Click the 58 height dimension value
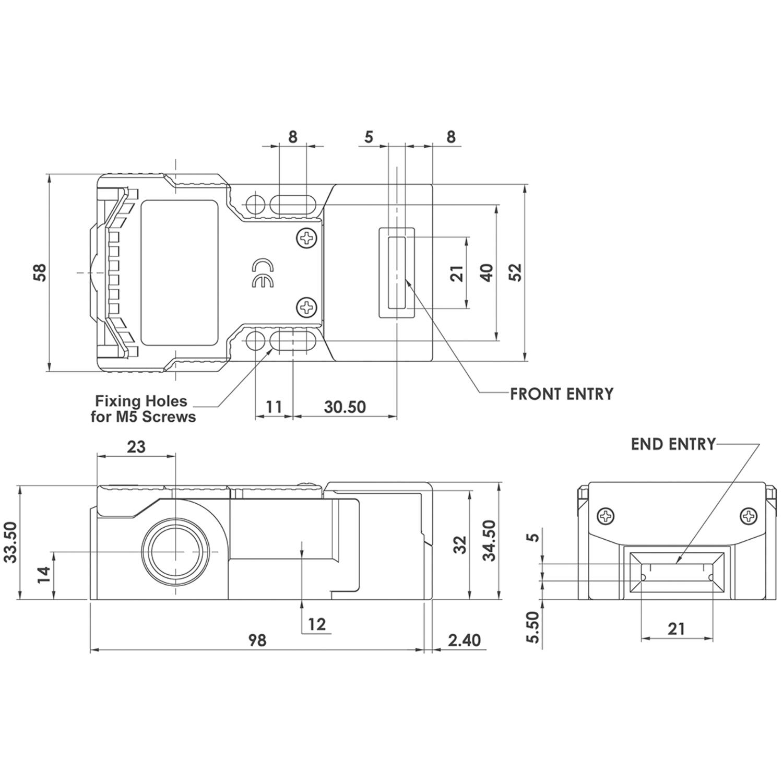pos(40,272)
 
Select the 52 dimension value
pos(515,272)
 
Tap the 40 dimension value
pos(487,272)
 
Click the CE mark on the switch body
pos(262,273)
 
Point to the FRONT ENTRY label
pos(562,394)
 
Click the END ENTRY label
pos(673,444)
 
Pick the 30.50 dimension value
pos(345,407)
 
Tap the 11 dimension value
pos(274,407)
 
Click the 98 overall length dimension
pos(257,639)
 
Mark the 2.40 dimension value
pos(464,639)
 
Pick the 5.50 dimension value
pos(532,627)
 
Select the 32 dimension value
pos(459,545)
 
